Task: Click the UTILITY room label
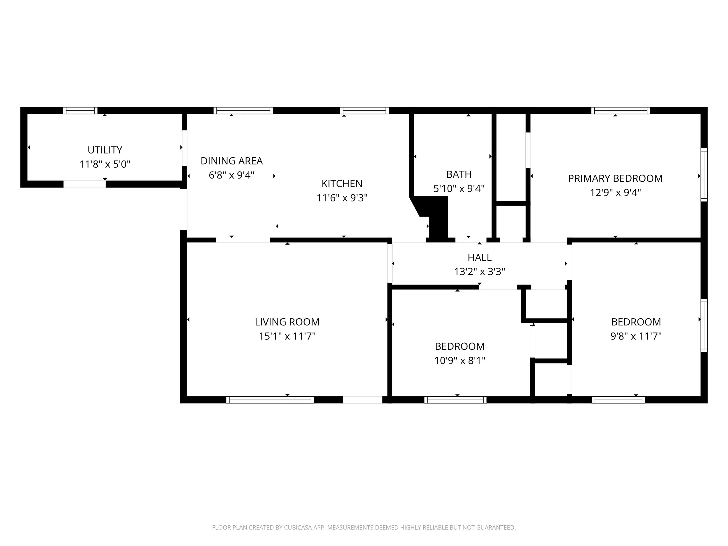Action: point(105,150)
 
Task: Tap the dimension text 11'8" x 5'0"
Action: point(105,164)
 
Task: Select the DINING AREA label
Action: point(232,161)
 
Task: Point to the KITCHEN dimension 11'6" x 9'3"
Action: point(342,198)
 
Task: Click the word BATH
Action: point(459,174)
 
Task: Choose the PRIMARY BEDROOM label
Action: point(615,179)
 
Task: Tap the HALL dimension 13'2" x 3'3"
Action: point(480,271)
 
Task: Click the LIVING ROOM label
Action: point(287,322)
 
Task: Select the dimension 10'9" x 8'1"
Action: point(460,361)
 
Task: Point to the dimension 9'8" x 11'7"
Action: point(636,336)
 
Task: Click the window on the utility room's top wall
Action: point(80,111)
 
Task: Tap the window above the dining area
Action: point(243,111)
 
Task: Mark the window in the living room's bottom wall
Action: point(270,400)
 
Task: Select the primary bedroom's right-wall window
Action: point(704,175)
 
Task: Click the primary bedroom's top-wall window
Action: point(621,111)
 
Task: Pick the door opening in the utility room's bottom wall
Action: point(84,184)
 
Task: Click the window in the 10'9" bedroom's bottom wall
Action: point(455,400)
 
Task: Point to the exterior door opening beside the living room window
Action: point(362,400)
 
